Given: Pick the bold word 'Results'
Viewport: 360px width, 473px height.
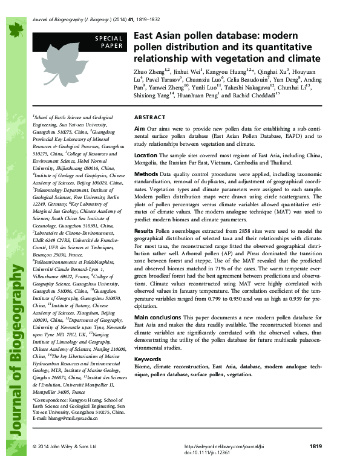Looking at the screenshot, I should pos(144,247).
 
